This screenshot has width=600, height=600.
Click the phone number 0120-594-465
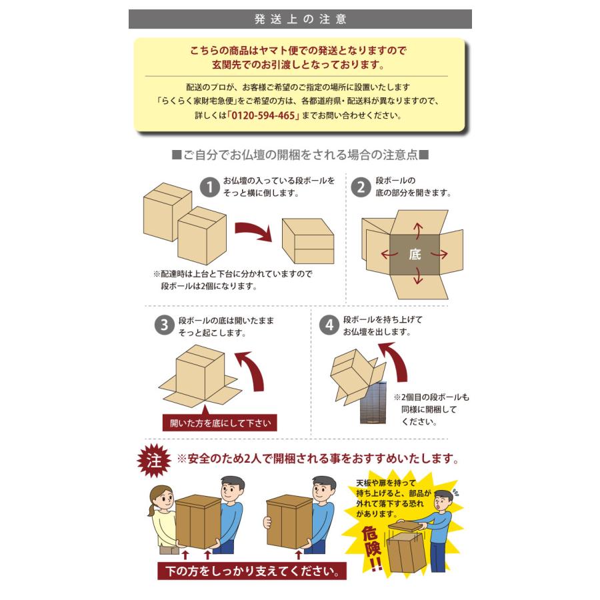point(263,115)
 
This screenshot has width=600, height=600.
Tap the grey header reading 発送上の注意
point(300,19)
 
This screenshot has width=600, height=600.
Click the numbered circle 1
point(209,187)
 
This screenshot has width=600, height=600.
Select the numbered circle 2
point(361,187)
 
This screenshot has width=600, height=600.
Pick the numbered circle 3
point(164,325)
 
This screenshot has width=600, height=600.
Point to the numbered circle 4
point(329,325)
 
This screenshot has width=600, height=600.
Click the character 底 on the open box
point(415,255)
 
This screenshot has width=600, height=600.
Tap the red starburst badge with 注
point(154,460)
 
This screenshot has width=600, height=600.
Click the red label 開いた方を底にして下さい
point(219,423)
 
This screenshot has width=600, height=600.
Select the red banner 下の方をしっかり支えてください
point(252,571)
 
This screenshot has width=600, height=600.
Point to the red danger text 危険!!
point(372,548)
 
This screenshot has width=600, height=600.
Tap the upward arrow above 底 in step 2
point(418,231)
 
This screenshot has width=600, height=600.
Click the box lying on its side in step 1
point(308,241)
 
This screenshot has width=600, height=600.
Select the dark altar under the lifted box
point(373,403)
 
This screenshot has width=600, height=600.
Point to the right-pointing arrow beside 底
point(439,254)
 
